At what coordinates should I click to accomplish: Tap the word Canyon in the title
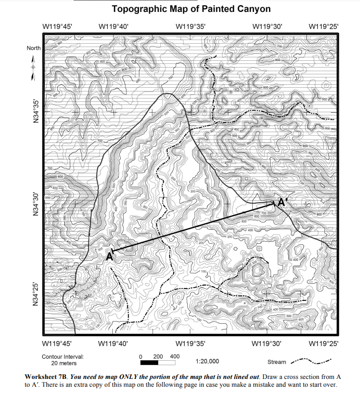tap(253, 9)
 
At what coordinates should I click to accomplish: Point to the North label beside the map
tap(33, 48)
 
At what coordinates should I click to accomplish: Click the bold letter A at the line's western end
tap(109, 256)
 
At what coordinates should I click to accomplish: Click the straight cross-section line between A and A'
tap(192, 228)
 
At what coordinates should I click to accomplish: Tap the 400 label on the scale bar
tap(175, 356)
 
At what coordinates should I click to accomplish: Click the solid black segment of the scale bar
tap(150, 362)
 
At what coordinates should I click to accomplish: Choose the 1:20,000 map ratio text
tap(207, 361)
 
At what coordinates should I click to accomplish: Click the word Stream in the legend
tap(276, 362)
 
